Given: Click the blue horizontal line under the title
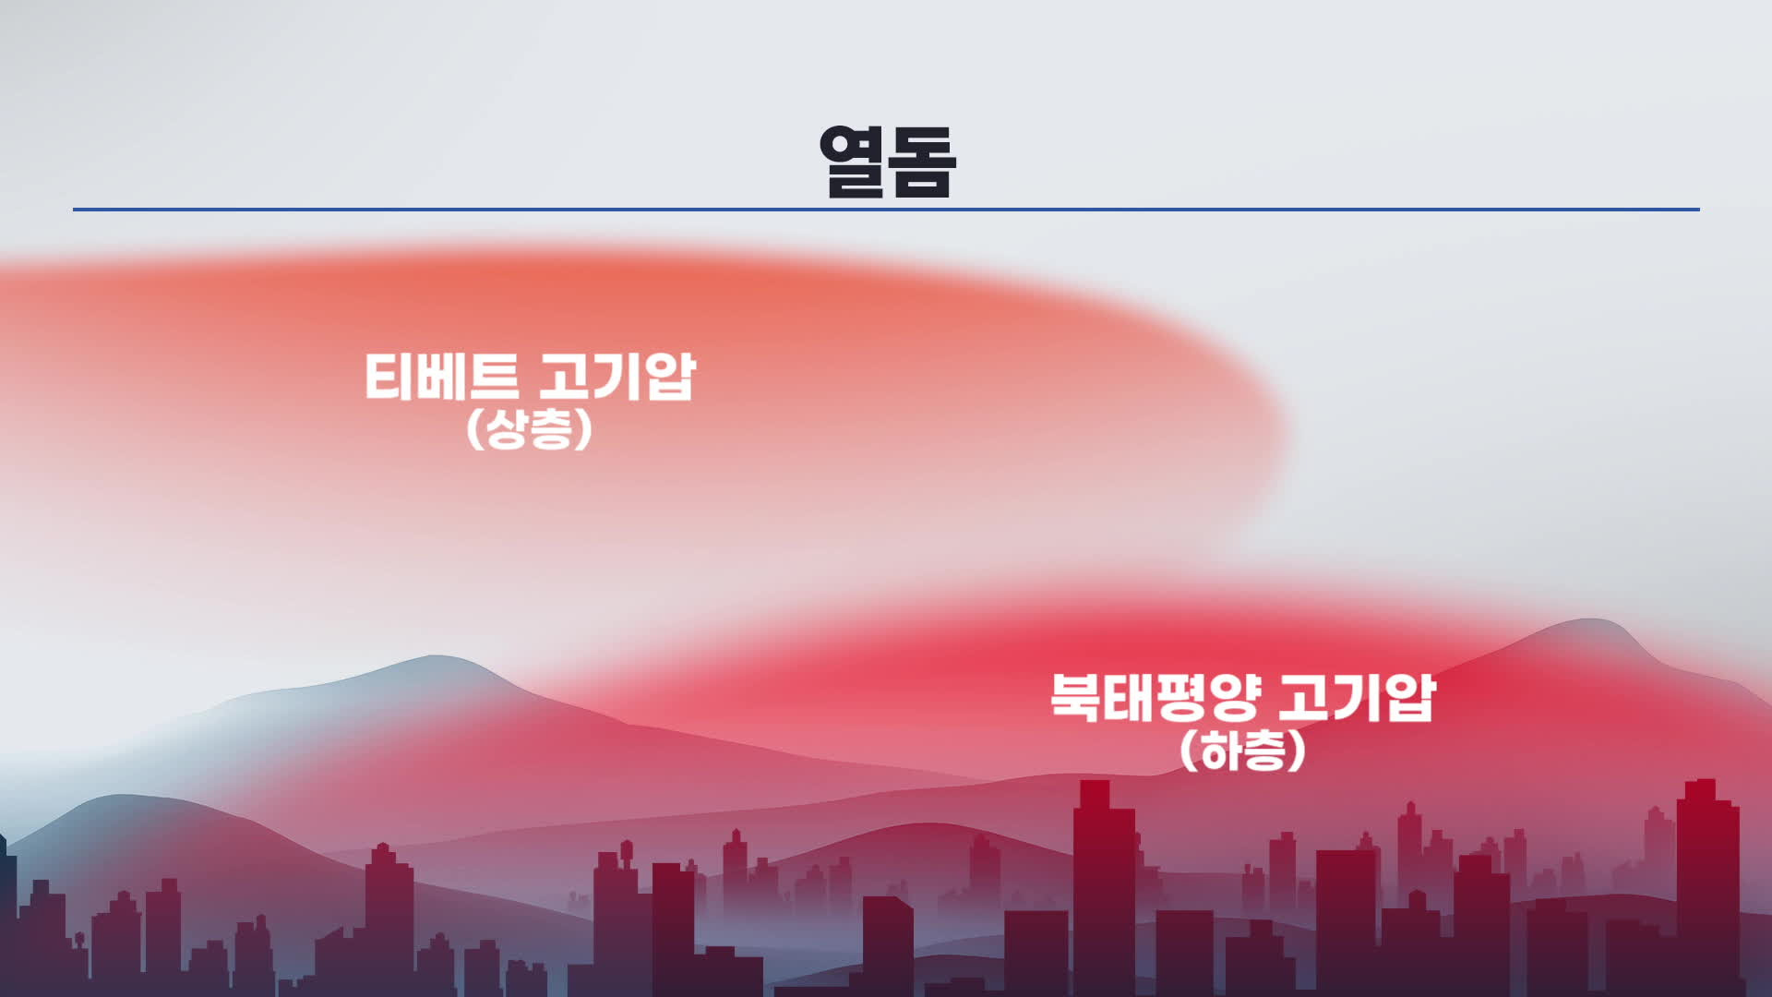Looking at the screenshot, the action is (886, 210).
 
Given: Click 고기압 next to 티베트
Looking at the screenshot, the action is (617, 377).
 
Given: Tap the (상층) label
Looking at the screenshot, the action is (529, 429).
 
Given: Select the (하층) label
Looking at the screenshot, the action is (1242, 751).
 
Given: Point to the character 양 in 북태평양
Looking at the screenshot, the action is (1236, 697).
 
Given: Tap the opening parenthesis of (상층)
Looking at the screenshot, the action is (474, 429).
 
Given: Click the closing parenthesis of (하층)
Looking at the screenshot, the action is (1299, 751).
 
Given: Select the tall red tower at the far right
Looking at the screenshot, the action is (1706, 886).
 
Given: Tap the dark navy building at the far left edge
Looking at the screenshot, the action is (7, 914).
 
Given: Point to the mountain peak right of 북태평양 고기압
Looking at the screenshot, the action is (1587, 620).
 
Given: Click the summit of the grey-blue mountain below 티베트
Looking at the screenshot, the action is (434, 657).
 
